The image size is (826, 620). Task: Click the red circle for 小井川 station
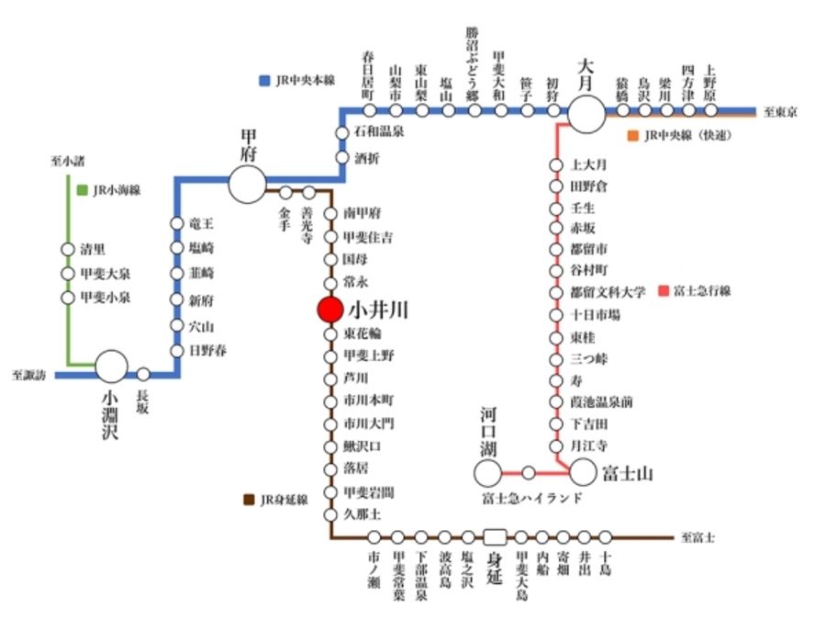pos(329,310)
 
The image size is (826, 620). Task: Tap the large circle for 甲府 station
pos(247,184)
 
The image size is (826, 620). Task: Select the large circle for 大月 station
pos(587,114)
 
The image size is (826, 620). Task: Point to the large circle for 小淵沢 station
pos(113,366)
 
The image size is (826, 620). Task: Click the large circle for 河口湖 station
pos(488,473)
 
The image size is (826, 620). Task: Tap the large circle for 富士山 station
pos(584,473)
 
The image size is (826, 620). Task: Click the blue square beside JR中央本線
pos(264,80)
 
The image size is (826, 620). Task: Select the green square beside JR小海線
pos(83,190)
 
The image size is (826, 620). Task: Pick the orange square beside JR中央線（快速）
pos(632,136)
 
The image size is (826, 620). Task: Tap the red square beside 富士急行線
pos(664,291)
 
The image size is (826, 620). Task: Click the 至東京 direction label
pos(780,112)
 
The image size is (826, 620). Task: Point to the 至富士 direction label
pos(698,537)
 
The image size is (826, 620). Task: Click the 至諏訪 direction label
pos(29,375)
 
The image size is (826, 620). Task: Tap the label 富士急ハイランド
pos(531,498)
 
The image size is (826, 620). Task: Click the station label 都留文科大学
pos(608,291)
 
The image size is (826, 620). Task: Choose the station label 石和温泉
pos(379,132)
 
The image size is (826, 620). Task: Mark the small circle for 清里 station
pos(67,249)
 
